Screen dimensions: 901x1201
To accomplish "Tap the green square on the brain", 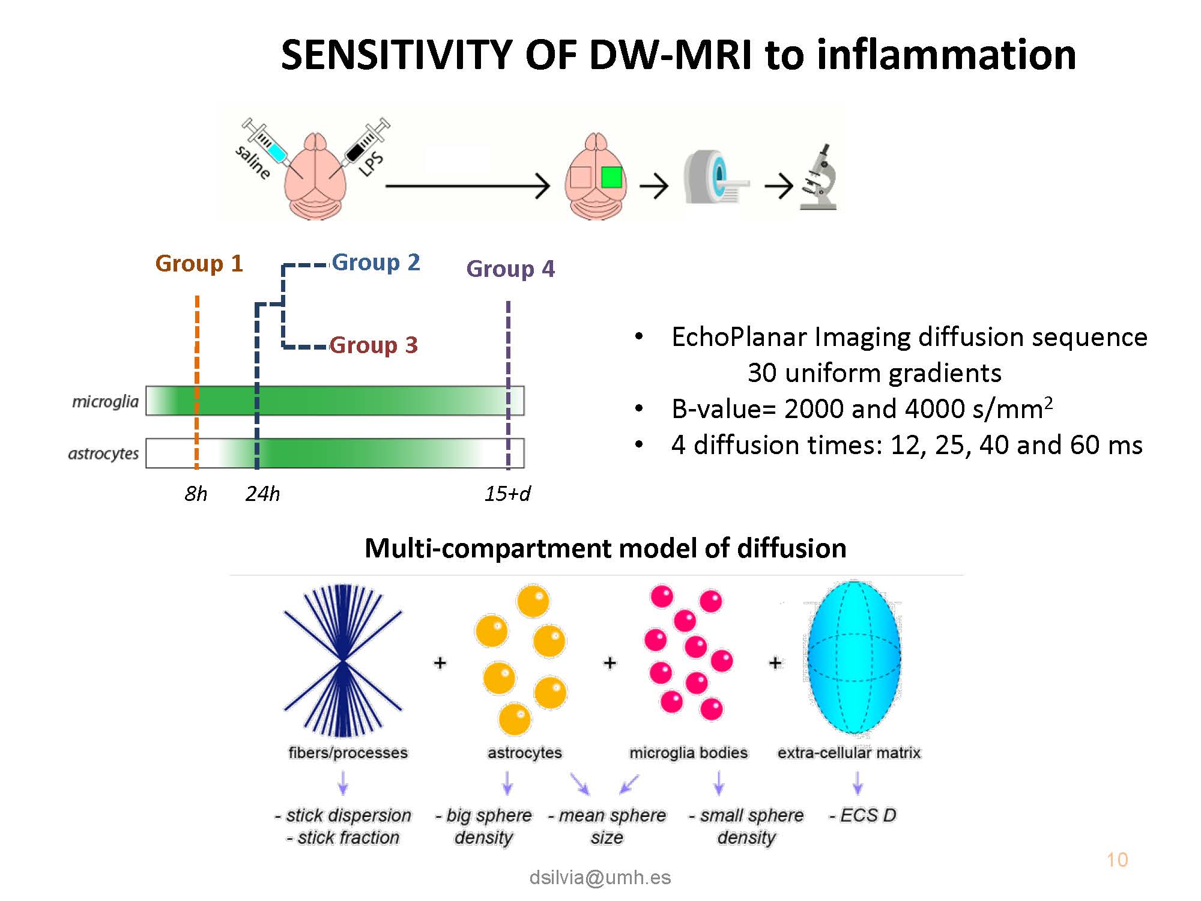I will pyautogui.click(x=611, y=177).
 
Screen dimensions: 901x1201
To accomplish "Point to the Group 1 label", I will pyautogui.click(x=199, y=264).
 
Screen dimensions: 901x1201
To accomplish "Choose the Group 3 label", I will pyautogui.click(x=374, y=345).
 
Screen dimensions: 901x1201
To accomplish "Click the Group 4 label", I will pyautogui.click(x=510, y=268).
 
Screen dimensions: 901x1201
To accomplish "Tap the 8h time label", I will pyautogui.click(x=196, y=494).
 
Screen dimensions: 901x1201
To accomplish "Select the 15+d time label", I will pyautogui.click(x=507, y=494).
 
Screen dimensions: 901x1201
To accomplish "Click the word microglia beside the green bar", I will pyautogui.click(x=105, y=401).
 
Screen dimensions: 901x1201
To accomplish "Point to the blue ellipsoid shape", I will pyautogui.click(x=854, y=657).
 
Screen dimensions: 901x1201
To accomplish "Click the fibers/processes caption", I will pyautogui.click(x=348, y=753).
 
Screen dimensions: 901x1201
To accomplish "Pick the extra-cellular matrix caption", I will pyautogui.click(x=849, y=753).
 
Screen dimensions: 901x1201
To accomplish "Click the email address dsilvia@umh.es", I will pyautogui.click(x=600, y=878).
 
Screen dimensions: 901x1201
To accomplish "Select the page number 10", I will pyautogui.click(x=1117, y=860).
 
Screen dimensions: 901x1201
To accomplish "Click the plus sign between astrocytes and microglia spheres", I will pyautogui.click(x=610, y=663).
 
